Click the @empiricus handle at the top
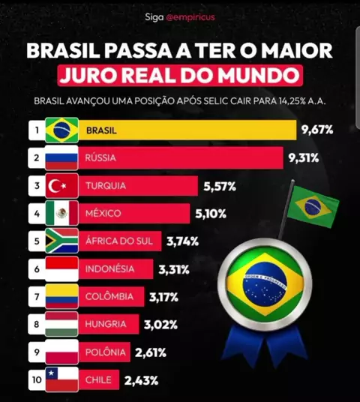point(190,17)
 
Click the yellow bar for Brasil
point(187,130)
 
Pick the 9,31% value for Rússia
point(304,158)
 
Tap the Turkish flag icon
point(61,185)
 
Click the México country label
point(103,213)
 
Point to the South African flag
point(61,241)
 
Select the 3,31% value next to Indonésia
point(174,269)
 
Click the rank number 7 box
point(37,297)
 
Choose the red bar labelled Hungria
point(109,324)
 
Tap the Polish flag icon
point(61,352)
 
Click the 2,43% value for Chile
point(141,380)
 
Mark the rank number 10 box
point(37,379)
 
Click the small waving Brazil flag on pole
point(312,206)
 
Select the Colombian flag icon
point(61,296)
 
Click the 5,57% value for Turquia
point(220,187)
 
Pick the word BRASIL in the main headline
point(63,51)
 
